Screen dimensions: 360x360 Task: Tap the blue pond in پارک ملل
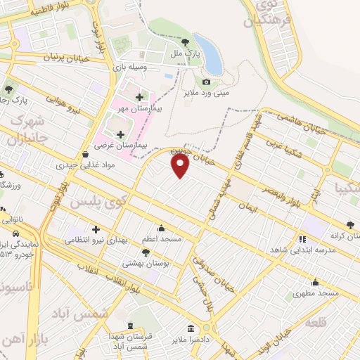(x=209, y=53)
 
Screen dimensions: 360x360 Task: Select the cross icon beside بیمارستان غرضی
(x=120, y=134)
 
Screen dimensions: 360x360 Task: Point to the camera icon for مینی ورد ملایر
(x=206, y=83)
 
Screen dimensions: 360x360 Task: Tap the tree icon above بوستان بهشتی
(x=146, y=252)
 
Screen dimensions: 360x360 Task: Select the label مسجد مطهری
(x=316, y=292)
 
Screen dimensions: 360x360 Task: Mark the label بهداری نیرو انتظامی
(x=96, y=240)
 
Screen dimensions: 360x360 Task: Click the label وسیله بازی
(x=130, y=67)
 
